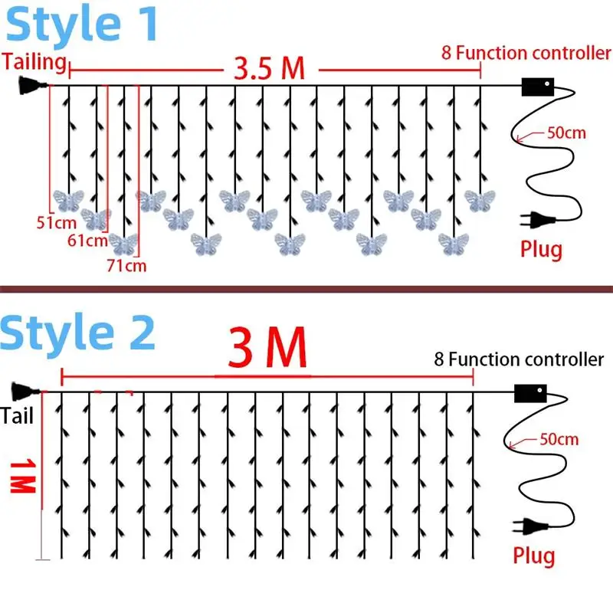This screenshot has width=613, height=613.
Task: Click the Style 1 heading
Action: (82, 25)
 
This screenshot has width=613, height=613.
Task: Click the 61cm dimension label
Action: (86, 241)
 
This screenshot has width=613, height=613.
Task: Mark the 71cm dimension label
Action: (126, 266)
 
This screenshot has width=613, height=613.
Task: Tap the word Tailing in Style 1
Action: (34, 61)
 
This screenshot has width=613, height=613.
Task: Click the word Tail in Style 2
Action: (17, 415)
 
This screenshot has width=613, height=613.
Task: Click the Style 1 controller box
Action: (537, 87)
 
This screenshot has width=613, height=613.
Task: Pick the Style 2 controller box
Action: (529, 394)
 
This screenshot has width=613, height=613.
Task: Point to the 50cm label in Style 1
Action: (565, 133)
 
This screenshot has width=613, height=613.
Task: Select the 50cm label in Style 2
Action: (559, 440)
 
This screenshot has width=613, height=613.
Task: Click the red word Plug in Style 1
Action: (541, 249)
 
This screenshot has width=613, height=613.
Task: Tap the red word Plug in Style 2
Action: (533, 555)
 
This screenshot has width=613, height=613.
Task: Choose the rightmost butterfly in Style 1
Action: (479, 201)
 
